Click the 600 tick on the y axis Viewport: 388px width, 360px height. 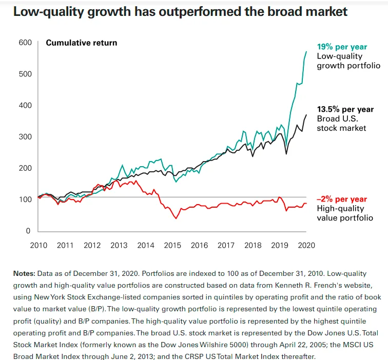coord(25,43)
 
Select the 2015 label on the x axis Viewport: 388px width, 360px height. coord(172,245)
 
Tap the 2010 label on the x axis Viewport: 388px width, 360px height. coord(38,245)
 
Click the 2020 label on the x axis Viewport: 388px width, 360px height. coord(306,245)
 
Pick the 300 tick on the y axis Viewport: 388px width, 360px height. coord(25,137)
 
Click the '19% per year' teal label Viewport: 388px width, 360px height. coord(342,47)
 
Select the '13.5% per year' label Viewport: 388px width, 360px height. coord(345,109)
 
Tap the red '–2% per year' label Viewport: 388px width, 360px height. coord(342,199)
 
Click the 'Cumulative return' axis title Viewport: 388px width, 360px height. coord(82,43)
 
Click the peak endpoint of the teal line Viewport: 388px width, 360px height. coord(306,51)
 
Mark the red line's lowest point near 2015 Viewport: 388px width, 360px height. coord(176,218)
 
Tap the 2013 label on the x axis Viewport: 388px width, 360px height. coord(119,245)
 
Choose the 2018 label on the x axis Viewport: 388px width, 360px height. coord(253,245)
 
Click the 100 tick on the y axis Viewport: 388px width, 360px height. coord(25,199)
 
